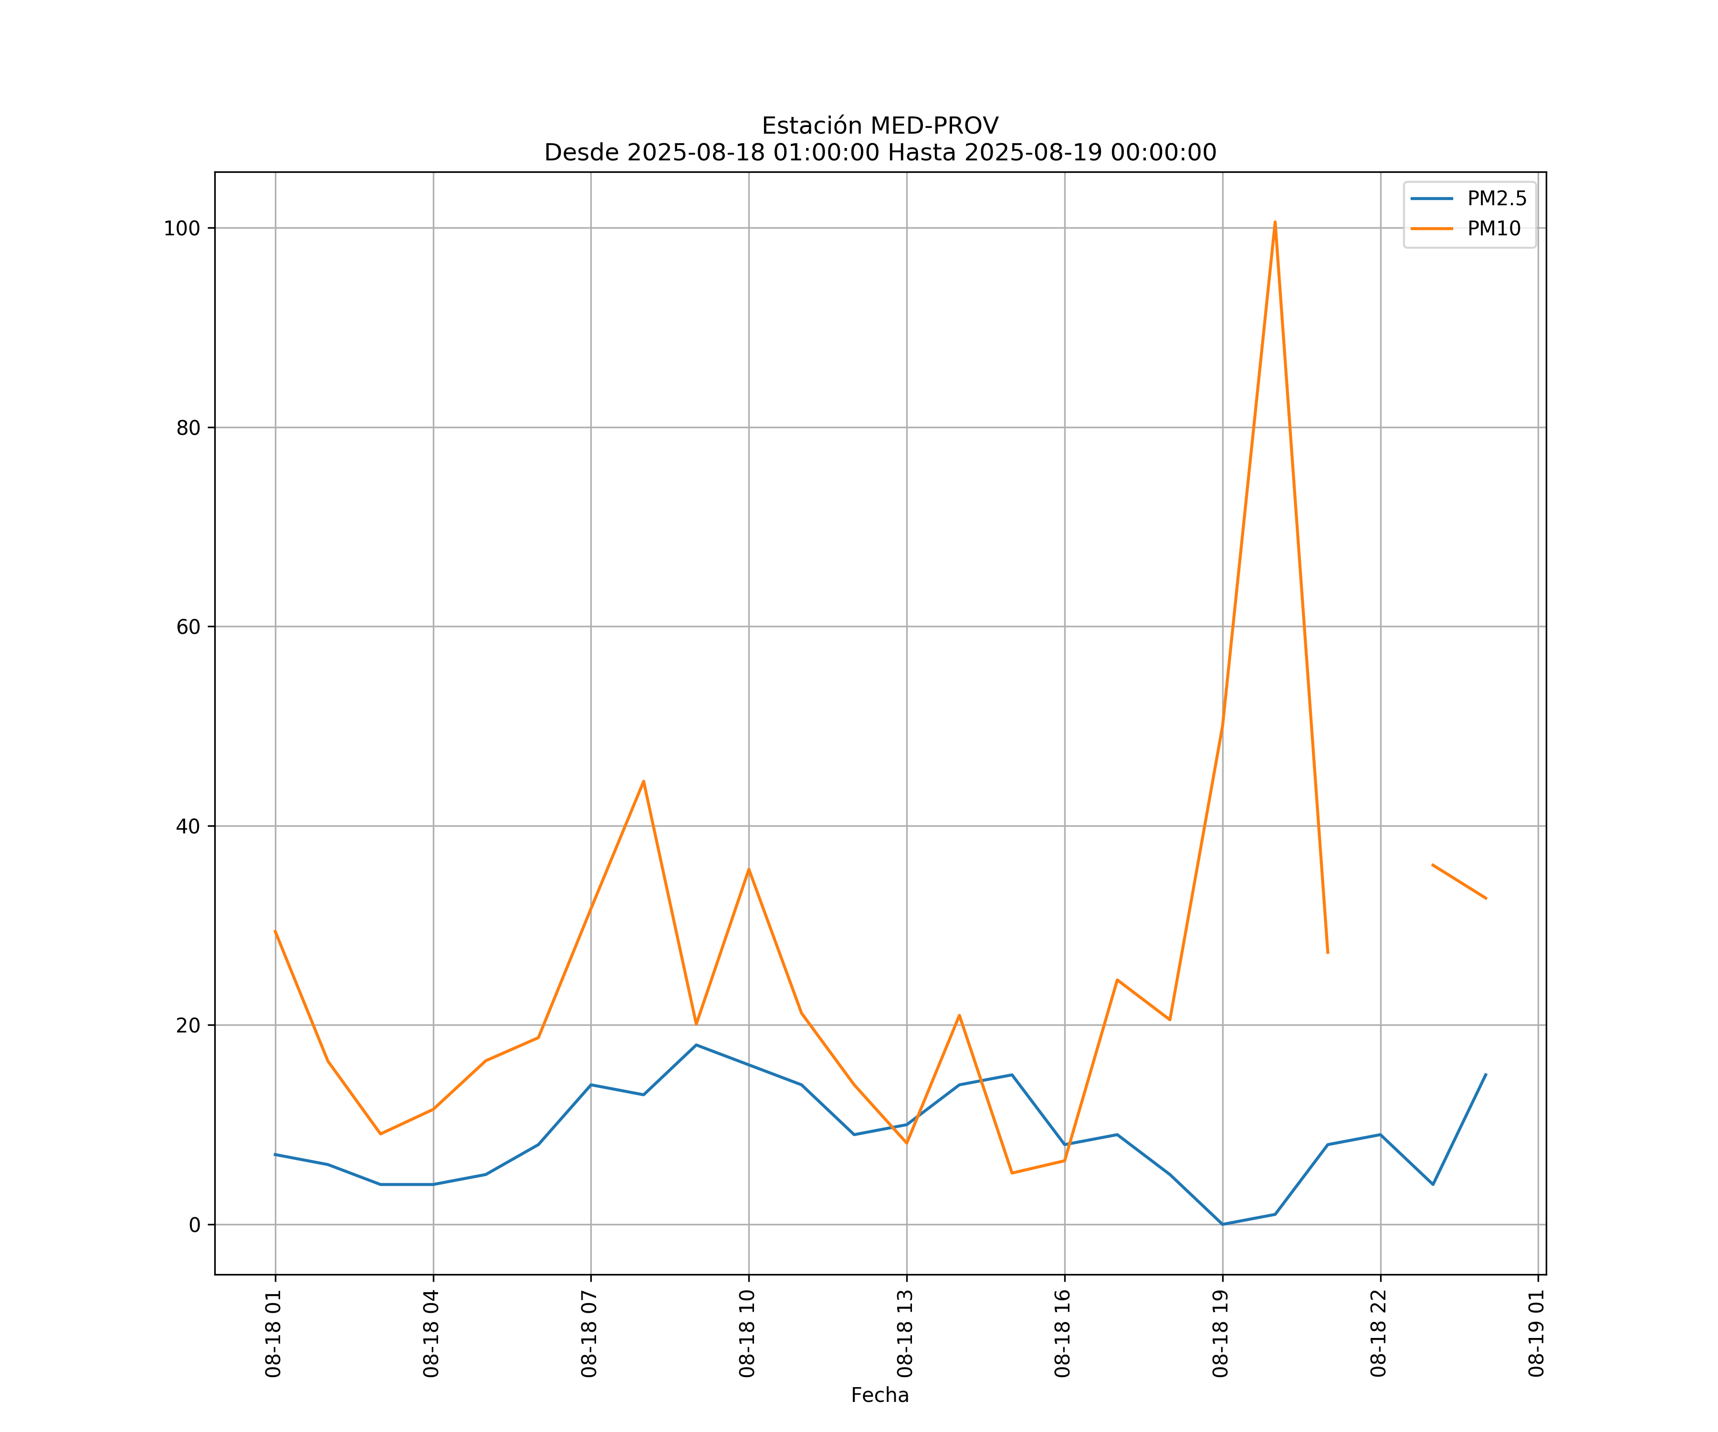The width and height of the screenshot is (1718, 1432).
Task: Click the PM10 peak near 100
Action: (x=1275, y=222)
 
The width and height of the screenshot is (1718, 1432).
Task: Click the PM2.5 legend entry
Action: (x=1496, y=199)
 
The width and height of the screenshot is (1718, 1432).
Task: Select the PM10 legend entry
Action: (x=1494, y=229)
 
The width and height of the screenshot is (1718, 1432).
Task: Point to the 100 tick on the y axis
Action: (x=182, y=228)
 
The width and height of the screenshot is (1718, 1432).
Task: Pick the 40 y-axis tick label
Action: (x=188, y=826)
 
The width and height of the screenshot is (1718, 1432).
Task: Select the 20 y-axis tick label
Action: (x=188, y=1025)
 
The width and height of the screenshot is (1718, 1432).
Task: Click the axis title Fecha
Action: (x=880, y=1395)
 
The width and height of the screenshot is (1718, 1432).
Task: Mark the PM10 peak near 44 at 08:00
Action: (x=644, y=781)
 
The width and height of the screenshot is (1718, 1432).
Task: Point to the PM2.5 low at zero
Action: (x=1222, y=1224)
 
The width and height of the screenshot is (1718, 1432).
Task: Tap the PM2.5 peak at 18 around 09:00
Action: (x=696, y=1045)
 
